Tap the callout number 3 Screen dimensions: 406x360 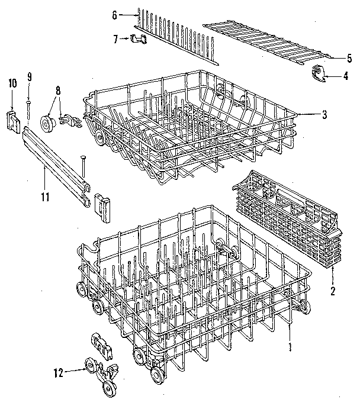point(324,115)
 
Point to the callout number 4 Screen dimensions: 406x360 point(345,76)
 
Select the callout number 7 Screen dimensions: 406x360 point(116,39)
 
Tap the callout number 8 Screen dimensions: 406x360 point(58,91)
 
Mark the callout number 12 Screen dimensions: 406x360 point(57,372)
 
